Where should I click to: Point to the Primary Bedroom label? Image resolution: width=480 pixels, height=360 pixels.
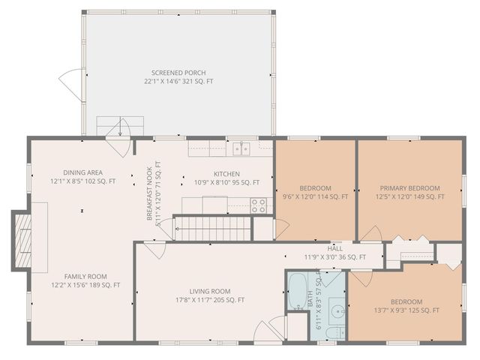coord(409,188)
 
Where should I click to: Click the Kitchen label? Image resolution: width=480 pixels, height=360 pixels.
coord(226,173)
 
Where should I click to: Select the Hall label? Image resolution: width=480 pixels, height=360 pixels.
coord(335,248)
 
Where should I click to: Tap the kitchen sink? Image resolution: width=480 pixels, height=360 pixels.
coord(241,148)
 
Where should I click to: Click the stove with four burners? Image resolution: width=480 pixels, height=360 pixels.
coord(259,205)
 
